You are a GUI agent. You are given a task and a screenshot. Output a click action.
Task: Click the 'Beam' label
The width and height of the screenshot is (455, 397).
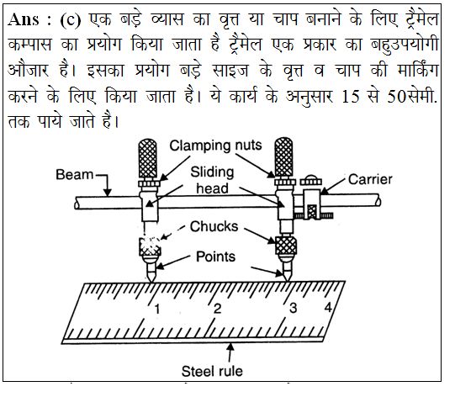click(x=75, y=175)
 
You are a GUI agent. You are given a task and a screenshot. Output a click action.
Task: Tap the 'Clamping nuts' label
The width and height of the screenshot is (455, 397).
click(x=215, y=146)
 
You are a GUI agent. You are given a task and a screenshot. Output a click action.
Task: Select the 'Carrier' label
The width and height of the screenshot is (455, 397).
click(x=370, y=179)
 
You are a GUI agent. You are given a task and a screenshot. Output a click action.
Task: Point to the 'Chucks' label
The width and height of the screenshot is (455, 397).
click(x=214, y=226)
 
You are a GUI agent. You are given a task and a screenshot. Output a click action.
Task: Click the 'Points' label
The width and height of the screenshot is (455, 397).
click(x=215, y=257)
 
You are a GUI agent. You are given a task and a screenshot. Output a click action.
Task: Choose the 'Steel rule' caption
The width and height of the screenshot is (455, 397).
click(x=212, y=371)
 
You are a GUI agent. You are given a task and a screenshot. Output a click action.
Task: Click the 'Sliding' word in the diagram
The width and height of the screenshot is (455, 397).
click(x=212, y=172)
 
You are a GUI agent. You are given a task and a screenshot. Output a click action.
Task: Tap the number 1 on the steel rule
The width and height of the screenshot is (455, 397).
click(x=157, y=309)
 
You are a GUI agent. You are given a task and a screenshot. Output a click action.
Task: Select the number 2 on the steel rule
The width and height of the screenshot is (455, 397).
click(x=217, y=309)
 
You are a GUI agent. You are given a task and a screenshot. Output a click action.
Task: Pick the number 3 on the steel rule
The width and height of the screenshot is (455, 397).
click(x=293, y=308)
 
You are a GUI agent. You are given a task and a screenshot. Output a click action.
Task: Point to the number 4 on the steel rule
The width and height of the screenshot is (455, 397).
click(x=328, y=307)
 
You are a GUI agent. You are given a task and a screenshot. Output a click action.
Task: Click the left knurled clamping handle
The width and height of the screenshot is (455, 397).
click(x=148, y=158)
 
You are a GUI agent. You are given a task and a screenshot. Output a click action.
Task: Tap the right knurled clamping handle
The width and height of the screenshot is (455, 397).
click(x=283, y=157)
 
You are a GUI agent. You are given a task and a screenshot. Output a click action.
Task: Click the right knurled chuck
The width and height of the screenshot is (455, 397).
click(x=286, y=246)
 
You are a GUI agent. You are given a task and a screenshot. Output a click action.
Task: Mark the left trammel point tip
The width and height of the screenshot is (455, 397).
click(x=151, y=281)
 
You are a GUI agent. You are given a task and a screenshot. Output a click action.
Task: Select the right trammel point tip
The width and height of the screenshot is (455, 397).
click(x=287, y=281)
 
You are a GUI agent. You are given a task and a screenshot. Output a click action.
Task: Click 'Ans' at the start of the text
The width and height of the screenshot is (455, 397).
click(x=24, y=19)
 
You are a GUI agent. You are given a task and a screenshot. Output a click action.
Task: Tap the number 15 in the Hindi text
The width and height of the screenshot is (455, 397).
click(x=350, y=97)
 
